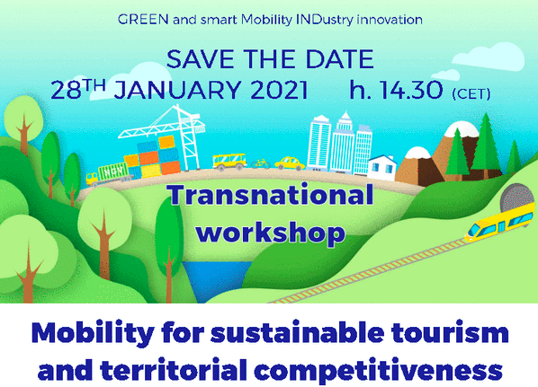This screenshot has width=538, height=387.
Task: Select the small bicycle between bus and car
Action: (x=261, y=164)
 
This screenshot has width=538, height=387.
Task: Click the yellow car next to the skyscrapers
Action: (x=290, y=163)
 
